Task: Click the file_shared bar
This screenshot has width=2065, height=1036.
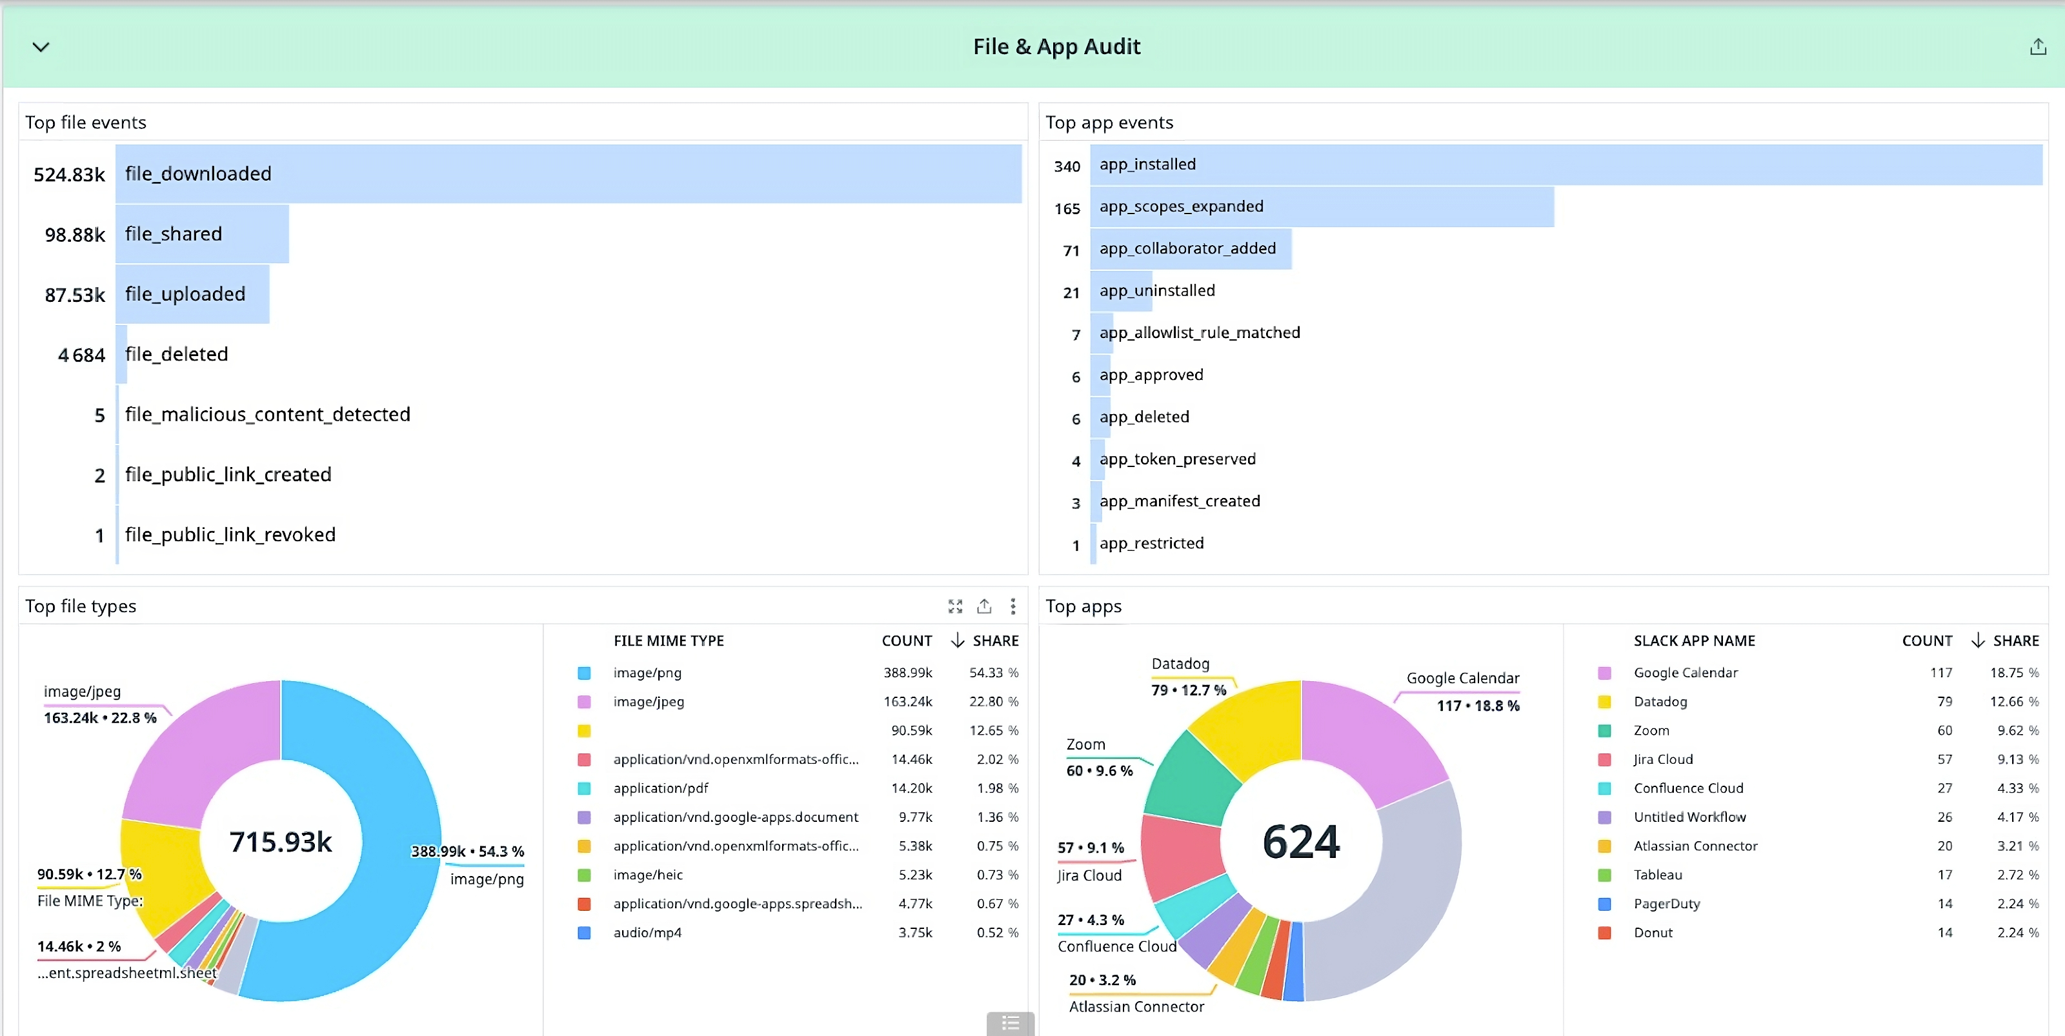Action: coord(202,234)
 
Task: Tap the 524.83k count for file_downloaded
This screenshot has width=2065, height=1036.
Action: coord(69,175)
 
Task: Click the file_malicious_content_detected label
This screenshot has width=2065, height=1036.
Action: coord(267,414)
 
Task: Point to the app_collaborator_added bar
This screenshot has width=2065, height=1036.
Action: coord(1191,249)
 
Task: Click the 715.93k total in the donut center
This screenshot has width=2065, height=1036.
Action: coord(281,841)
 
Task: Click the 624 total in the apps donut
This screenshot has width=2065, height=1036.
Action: coord(1300,841)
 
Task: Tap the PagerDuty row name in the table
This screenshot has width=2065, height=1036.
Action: coord(1667,904)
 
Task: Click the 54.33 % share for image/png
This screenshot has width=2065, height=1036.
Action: coord(993,673)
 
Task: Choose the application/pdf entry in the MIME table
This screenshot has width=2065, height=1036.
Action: coord(661,788)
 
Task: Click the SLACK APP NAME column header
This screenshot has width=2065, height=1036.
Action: coord(1694,641)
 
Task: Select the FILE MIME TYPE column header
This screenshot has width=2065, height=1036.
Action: coord(669,641)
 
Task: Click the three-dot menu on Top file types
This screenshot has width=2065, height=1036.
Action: coord(1013,606)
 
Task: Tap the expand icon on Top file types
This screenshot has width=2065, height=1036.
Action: coord(955,606)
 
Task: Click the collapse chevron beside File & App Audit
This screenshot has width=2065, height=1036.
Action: coord(41,47)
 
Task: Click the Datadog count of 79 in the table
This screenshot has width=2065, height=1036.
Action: coord(1944,702)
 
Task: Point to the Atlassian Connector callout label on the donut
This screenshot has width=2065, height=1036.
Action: coord(1136,1006)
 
